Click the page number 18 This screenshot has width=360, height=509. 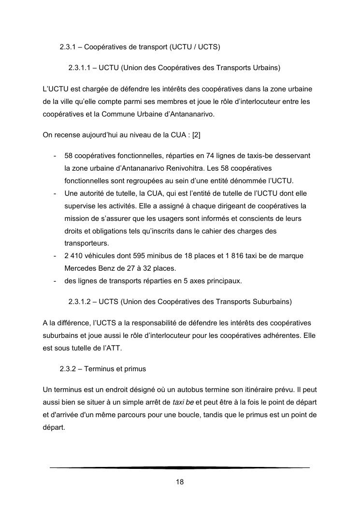tap(180, 482)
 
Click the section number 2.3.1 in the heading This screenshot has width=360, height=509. tap(69, 47)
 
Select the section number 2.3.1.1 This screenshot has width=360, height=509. tap(81, 68)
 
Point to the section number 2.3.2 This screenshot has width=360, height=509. tap(69, 369)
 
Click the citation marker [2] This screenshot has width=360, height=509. tap(196, 135)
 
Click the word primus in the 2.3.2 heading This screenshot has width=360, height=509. tap(134, 369)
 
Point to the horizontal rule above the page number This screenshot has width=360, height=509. tap(180, 467)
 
